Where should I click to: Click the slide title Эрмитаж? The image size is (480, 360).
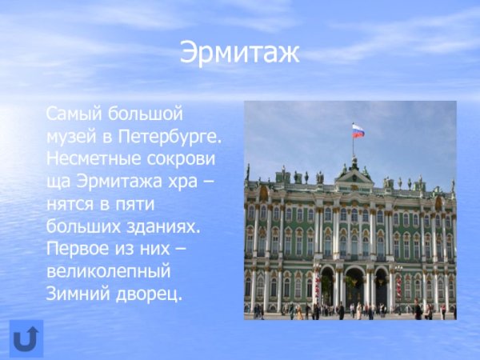point(239,52)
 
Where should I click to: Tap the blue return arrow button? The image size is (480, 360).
point(26,338)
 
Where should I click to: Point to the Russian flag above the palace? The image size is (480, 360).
point(358,130)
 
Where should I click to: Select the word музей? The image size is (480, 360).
point(69,136)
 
